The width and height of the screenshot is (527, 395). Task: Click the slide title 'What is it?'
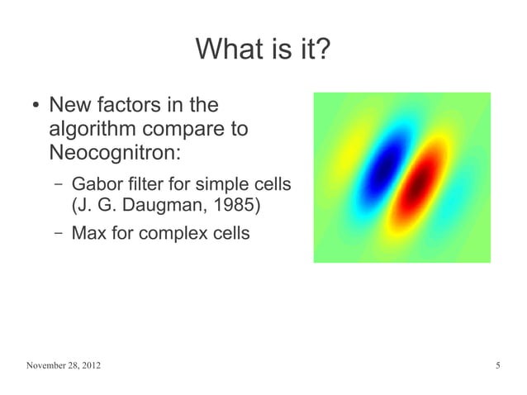click(x=263, y=51)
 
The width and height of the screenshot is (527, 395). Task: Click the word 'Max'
click(x=88, y=233)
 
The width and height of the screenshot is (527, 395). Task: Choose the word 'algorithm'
click(x=94, y=130)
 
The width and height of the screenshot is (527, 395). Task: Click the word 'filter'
click(x=150, y=183)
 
